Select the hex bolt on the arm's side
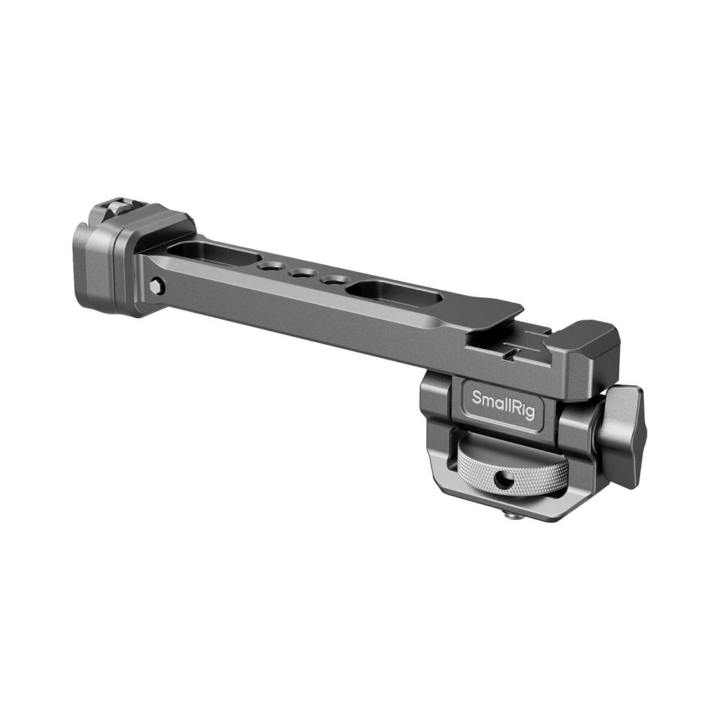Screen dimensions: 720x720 (156, 287)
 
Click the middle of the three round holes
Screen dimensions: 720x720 (301, 274)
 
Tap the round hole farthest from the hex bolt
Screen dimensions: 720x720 (332, 279)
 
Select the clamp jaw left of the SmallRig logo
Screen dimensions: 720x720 (436, 410)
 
